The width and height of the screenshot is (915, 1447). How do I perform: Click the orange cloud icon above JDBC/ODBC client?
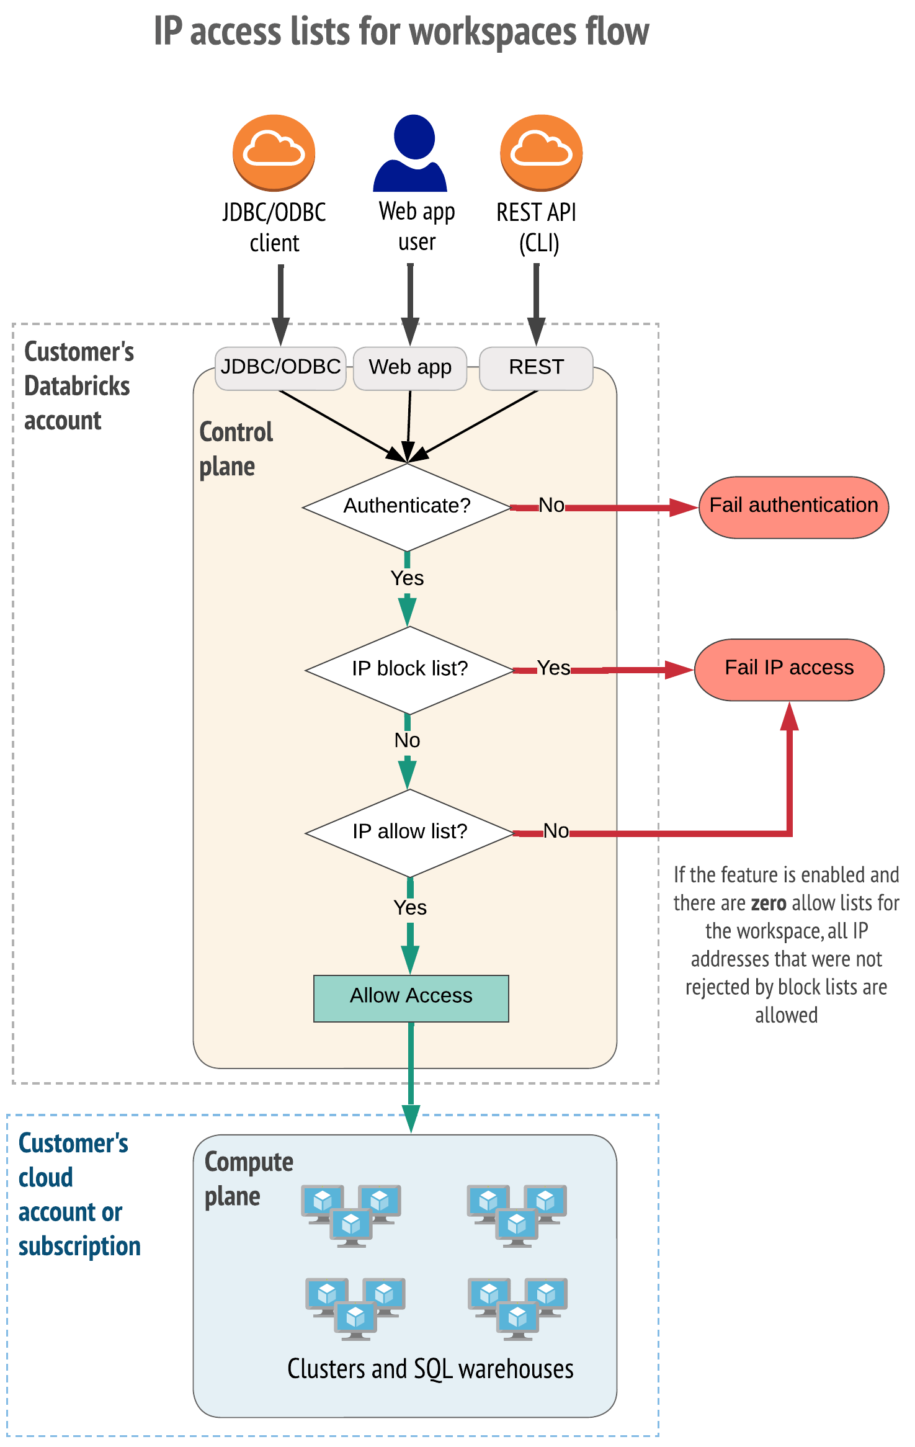(274, 152)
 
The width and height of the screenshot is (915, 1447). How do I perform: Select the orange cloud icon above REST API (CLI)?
(541, 152)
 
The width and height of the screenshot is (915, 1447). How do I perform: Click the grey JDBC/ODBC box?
(280, 367)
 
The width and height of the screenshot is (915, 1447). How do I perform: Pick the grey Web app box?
(410, 367)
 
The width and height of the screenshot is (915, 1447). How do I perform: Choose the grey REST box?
(536, 367)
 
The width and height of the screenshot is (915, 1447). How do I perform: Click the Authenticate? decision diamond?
(407, 506)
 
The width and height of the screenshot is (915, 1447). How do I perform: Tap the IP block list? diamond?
(409, 669)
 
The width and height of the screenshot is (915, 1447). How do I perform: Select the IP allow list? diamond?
(409, 831)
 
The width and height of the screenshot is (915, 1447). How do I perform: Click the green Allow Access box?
(411, 997)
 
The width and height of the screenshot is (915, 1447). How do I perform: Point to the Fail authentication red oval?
(793, 506)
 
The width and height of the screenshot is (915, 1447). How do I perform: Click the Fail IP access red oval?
(789, 669)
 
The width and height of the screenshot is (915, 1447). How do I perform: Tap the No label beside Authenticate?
(551, 505)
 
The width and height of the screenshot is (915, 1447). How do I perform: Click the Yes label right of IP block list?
(553, 668)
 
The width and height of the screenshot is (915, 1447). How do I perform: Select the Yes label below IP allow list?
(410, 908)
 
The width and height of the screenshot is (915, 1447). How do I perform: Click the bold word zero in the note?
(769, 903)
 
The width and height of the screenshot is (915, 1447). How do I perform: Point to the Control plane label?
(235, 449)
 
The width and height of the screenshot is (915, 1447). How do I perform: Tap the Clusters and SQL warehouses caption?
(430, 1369)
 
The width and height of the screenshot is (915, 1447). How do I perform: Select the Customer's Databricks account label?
(78, 386)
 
